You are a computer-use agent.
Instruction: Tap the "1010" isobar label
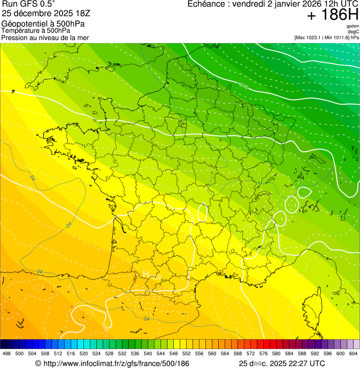pyautogui.click(x=243, y=85)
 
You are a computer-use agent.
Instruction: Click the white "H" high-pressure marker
pyautogui.click(x=146, y=273)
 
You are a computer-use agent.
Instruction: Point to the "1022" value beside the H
pyautogui.click(x=156, y=278)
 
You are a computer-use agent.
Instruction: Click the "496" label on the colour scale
pyautogui.click(x=7, y=353)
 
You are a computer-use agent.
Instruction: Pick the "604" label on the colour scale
pyautogui.click(x=353, y=353)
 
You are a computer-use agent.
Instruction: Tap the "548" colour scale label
pyautogui.click(x=173, y=353)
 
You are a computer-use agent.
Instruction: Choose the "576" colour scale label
pyautogui.click(x=264, y=353)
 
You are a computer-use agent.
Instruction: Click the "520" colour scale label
pyautogui.click(x=84, y=353)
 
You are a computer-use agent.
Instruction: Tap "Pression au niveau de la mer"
pyautogui.click(x=45, y=37)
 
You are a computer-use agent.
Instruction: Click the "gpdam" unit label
pyautogui.click(x=353, y=26)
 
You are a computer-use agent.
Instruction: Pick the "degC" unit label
pyautogui.click(x=353, y=32)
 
